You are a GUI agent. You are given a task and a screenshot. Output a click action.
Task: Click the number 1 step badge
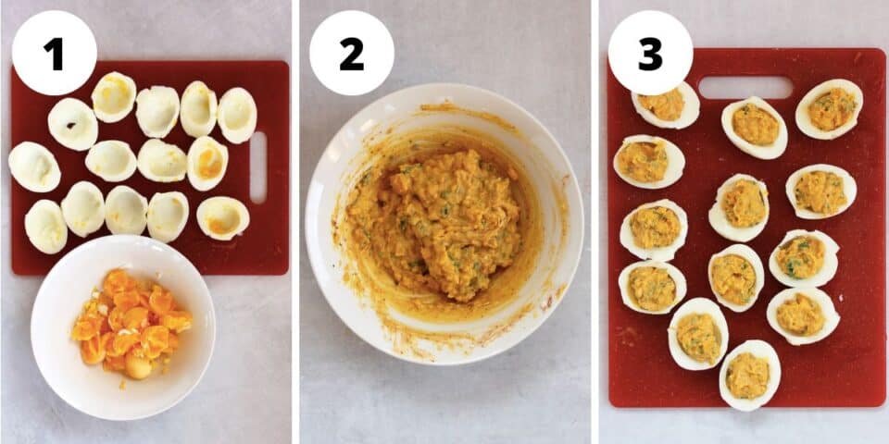click(x=54, y=53)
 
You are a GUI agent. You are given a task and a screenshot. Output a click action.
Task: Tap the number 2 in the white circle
click(x=351, y=53)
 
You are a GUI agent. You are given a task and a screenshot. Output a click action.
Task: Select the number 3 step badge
click(x=650, y=53)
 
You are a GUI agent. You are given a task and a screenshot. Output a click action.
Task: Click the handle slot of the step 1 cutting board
click(x=257, y=167)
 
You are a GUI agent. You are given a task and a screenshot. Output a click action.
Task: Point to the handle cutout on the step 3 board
click(x=745, y=88)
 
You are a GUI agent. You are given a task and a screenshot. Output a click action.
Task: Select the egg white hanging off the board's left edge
click(x=34, y=166)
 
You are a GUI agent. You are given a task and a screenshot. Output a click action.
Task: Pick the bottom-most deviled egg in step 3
click(x=749, y=375)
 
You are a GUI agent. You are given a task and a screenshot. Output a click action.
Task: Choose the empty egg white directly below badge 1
click(x=72, y=124)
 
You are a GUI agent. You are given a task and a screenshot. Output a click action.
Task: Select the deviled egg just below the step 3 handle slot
click(x=755, y=127)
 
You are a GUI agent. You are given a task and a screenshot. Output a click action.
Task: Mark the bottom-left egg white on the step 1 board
click(x=45, y=226)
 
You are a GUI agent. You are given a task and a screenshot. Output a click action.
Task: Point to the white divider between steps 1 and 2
click(x=295, y=222)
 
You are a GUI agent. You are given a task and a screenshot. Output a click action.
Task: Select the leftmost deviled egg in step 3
click(x=648, y=161)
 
